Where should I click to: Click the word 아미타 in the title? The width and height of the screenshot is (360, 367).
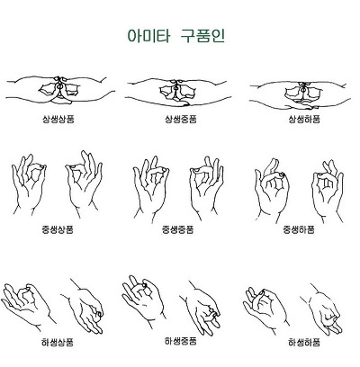coord(144,38)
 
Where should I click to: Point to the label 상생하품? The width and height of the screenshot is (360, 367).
coord(301,119)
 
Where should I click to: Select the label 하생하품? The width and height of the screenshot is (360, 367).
coord(303,343)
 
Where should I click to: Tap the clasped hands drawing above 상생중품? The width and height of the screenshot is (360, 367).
coord(180,90)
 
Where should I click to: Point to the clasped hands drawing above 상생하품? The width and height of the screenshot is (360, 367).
coord(301,90)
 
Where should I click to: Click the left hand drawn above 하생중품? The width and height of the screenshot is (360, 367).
coord(144,301)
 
